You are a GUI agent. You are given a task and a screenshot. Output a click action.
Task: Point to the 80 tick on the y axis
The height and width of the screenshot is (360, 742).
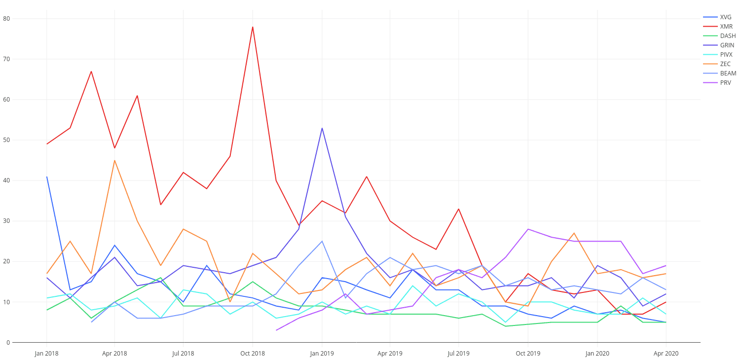tap(6, 19)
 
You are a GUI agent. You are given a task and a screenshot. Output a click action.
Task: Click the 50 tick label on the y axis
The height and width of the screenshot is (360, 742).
tap(6, 140)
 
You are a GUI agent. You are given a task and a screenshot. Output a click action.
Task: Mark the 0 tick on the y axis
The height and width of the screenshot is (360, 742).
tap(8, 343)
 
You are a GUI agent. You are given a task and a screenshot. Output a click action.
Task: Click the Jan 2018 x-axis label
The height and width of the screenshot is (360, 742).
tap(46, 354)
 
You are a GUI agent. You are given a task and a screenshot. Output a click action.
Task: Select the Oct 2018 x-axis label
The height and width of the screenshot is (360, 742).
tap(253, 354)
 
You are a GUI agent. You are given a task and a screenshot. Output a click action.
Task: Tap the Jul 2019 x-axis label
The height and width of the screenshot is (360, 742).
tap(458, 354)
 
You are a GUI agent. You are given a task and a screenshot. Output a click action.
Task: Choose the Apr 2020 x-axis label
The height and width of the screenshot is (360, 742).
tap(666, 354)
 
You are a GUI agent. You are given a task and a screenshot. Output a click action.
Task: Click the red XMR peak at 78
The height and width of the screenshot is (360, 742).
tap(253, 27)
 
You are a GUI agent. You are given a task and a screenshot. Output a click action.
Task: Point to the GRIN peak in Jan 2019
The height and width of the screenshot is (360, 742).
tap(322, 128)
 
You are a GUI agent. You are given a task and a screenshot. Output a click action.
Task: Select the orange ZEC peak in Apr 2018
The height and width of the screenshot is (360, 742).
tap(114, 160)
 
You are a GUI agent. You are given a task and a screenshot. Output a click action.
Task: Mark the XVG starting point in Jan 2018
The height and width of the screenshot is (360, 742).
tap(47, 177)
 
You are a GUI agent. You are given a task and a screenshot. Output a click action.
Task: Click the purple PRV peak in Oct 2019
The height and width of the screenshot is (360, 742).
tap(528, 229)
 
